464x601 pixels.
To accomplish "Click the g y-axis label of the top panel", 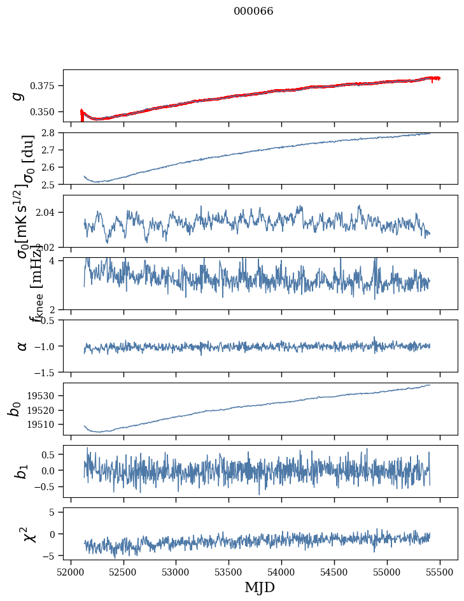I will [18, 95].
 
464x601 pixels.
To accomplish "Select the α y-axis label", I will [22, 346].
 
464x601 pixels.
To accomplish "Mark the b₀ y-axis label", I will [16, 409].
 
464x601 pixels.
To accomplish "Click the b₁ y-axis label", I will [22, 471].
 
